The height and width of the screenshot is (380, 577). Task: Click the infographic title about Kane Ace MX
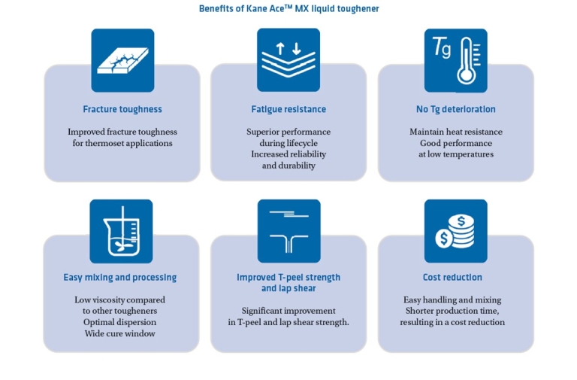click(288, 8)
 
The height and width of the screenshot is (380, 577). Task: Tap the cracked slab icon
click(123, 60)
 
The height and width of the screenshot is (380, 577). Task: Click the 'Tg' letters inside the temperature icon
click(441, 47)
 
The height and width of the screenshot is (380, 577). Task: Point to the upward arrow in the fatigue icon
click(280, 49)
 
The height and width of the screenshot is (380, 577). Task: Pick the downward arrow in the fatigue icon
click(297, 49)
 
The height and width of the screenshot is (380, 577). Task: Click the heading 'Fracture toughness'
click(122, 109)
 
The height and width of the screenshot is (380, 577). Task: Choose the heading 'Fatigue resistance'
click(288, 109)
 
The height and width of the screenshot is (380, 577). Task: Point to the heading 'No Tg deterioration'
click(456, 109)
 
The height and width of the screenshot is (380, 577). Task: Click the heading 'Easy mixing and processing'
click(120, 277)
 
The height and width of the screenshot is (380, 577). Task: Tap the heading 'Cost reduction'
click(452, 277)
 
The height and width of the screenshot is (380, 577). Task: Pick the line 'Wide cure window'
click(120, 333)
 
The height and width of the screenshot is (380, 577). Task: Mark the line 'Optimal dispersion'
click(120, 322)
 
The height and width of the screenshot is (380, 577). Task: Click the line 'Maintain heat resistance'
click(456, 132)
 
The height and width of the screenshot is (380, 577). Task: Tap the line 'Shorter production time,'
click(452, 311)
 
